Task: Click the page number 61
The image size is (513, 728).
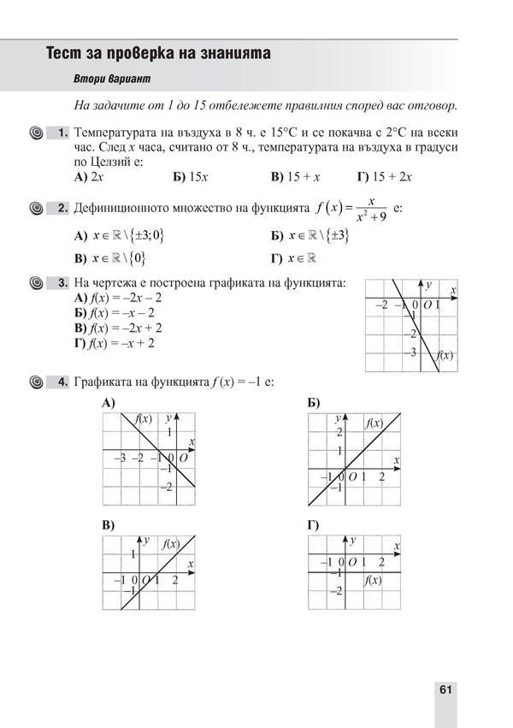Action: click(445, 690)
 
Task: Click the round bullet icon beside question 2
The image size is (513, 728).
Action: click(36, 209)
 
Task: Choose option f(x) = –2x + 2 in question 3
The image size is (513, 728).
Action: click(118, 328)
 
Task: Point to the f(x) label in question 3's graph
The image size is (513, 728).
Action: click(444, 354)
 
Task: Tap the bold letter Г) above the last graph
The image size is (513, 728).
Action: click(314, 524)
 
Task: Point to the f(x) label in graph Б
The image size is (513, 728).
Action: click(374, 423)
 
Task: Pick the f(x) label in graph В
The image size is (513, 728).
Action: click(171, 544)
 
